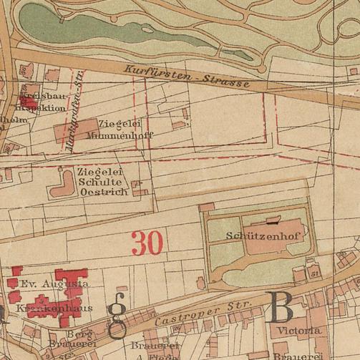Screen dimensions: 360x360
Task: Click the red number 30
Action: pyautogui.click(x=147, y=243)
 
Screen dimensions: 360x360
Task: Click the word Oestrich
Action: pyautogui.click(x=104, y=192)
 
